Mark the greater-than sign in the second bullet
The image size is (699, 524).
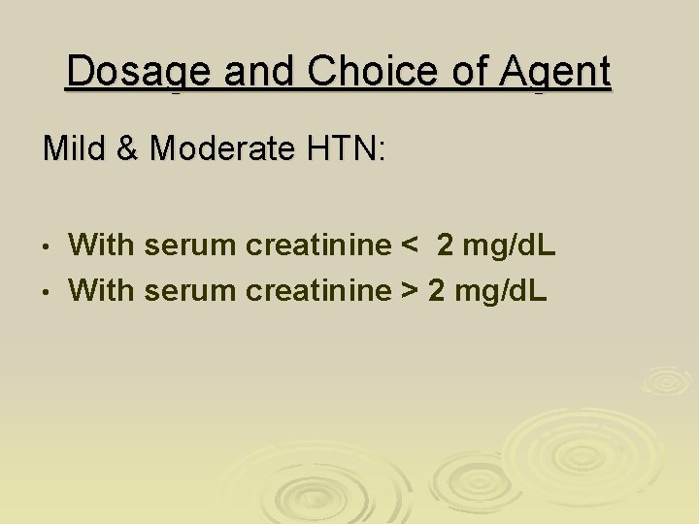pos(410,288)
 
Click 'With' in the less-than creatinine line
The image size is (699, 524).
pos(102,246)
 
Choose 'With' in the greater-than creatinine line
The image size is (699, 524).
pos(102,288)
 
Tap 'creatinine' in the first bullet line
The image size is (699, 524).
pos(316,246)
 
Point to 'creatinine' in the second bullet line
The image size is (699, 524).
pos(316,288)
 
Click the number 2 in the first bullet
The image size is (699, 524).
pos(446,246)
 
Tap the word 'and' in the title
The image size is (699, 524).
pos(265,72)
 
